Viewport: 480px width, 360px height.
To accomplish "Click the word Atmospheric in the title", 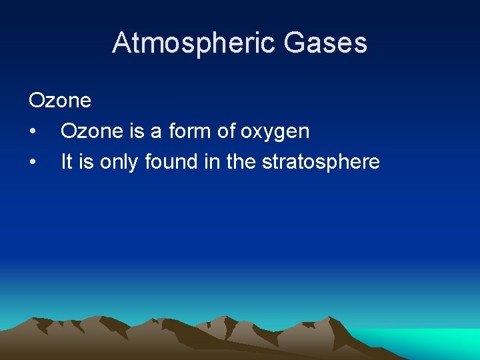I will click(193, 43).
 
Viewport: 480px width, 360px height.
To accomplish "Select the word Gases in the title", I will click(325, 43).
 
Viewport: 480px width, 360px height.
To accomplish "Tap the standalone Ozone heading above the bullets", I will click(60, 101).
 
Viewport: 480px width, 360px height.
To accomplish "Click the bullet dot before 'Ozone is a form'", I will click(33, 131).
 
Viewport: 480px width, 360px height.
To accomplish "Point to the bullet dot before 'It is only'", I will click(33, 162).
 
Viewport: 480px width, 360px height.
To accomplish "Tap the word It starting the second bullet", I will click(67, 162).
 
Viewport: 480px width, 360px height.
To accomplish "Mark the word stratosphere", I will click(321, 162).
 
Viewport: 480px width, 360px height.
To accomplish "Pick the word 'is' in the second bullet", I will click(86, 162).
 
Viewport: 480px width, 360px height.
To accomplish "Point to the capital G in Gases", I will click(293, 43).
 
